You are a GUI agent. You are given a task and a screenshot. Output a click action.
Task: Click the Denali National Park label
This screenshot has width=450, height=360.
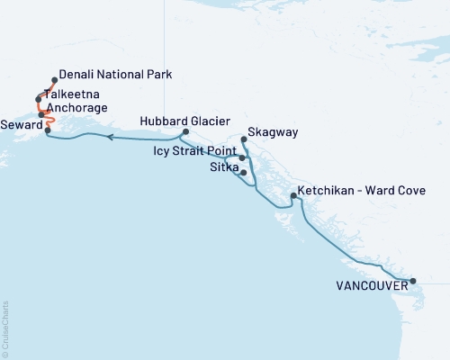(x=115, y=75)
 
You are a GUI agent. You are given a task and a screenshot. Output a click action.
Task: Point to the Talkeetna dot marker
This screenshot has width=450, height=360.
(x=39, y=99)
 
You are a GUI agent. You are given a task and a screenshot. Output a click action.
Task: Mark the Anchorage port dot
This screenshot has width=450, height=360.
(x=41, y=114)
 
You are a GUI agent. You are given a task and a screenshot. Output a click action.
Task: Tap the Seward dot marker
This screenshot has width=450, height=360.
(x=47, y=130)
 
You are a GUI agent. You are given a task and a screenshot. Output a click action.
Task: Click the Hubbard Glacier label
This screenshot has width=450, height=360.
(x=185, y=121)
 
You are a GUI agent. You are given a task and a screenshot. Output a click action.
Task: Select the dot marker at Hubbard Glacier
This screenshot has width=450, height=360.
(x=184, y=132)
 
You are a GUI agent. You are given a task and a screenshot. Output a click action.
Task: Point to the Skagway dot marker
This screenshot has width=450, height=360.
(x=245, y=139)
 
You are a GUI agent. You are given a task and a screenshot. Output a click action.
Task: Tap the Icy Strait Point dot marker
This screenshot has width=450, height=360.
(x=242, y=157)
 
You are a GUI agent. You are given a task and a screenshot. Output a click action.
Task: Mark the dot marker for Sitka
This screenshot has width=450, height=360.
(x=244, y=172)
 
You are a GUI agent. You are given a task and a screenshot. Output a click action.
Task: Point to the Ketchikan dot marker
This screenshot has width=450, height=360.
(x=293, y=195)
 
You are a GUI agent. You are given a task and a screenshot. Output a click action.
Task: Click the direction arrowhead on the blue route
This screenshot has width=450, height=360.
(x=110, y=138)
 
